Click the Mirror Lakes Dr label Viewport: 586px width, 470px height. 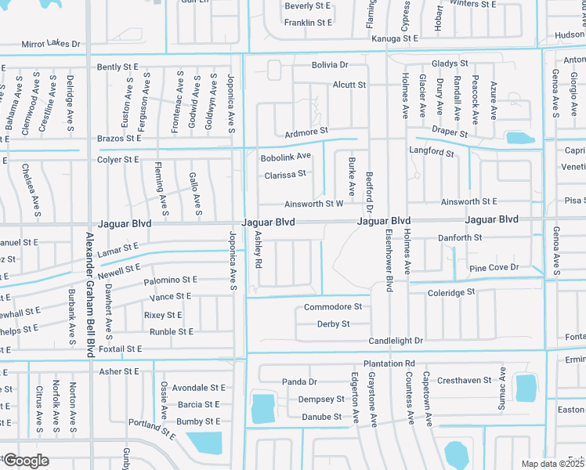(51, 45)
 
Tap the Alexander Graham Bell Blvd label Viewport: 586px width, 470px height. (89, 295)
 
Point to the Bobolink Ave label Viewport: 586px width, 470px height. (286, 157)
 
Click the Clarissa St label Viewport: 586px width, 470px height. (285, 174)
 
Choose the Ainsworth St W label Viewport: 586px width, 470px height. (314, 204)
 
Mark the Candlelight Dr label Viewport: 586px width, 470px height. (396, 341)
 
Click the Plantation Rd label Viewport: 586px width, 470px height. (389, 364)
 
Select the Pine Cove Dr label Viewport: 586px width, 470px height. (494, 268)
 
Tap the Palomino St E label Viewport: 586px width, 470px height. (170, 280)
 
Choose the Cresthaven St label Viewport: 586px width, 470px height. (464, 380)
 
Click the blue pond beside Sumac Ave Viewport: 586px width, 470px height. (526, 387)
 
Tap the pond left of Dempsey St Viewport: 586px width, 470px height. (262, 407)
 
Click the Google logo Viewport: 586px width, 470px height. (26, 461)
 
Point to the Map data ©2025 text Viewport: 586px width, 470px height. (552, 464)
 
